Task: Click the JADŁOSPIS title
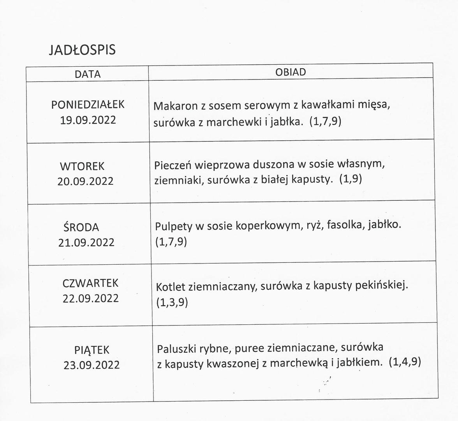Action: click(x=82, y=50)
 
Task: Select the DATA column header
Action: click(x=88, y=74)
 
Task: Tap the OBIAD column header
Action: click(x=291, y=72)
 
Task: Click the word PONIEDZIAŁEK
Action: click(x=88, y=104)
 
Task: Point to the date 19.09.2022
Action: click(x=88, y=120)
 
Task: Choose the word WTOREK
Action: click(x=82, y=166)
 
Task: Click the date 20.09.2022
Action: click(x=86, y=181)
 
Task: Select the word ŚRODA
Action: click(x=81, y=227)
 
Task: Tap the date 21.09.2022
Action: click(x=86, y=242)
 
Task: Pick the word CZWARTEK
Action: click(x=90, y=283)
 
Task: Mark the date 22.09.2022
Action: click(x=91, y=298)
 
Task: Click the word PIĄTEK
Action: click(x=92, y=349)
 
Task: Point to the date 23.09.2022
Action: click(x=92, y=365)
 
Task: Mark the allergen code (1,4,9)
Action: click(x=405, y=362)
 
